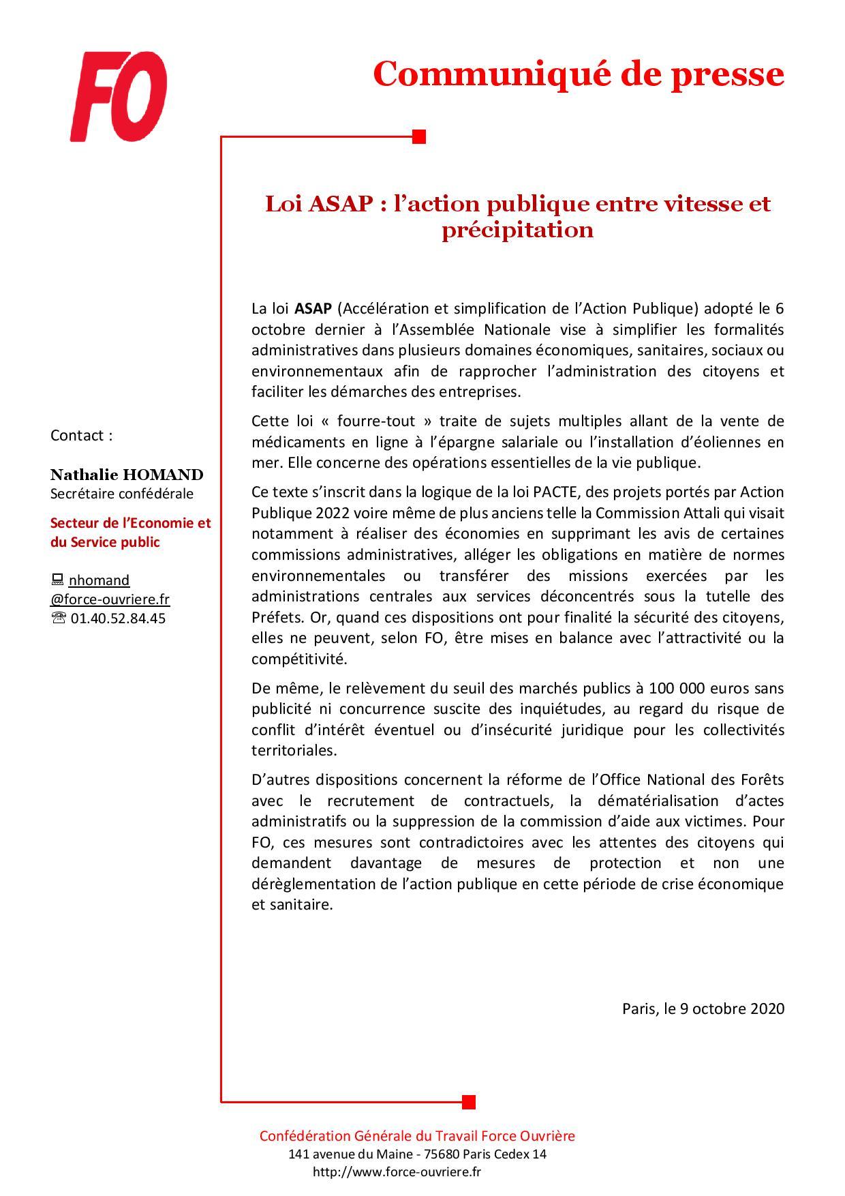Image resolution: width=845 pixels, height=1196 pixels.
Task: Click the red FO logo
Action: [119, 98]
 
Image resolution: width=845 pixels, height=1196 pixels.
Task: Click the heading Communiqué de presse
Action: [579, 74]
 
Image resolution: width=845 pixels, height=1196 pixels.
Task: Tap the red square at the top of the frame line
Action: [419, 137]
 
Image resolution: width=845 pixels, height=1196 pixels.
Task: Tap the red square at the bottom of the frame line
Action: [468, 1101]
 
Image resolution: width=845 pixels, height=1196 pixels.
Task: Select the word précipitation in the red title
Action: [517, 230]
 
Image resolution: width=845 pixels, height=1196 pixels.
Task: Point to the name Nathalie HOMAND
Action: [127, 475]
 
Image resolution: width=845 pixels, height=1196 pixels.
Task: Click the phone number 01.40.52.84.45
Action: [118, 618]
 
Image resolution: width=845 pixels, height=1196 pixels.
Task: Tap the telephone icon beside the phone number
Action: [58, 618]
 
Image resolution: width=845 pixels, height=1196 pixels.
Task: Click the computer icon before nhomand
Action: [57, 580]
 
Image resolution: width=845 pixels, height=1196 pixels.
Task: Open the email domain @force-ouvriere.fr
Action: [110, 599]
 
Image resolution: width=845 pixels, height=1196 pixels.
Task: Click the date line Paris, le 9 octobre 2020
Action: [703, 1008]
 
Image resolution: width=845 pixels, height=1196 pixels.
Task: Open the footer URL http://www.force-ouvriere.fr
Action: [397, 1172]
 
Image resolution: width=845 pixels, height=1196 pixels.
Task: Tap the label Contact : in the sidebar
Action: [81, 436]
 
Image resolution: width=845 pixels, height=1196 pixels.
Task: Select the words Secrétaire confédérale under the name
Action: [122, 494]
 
